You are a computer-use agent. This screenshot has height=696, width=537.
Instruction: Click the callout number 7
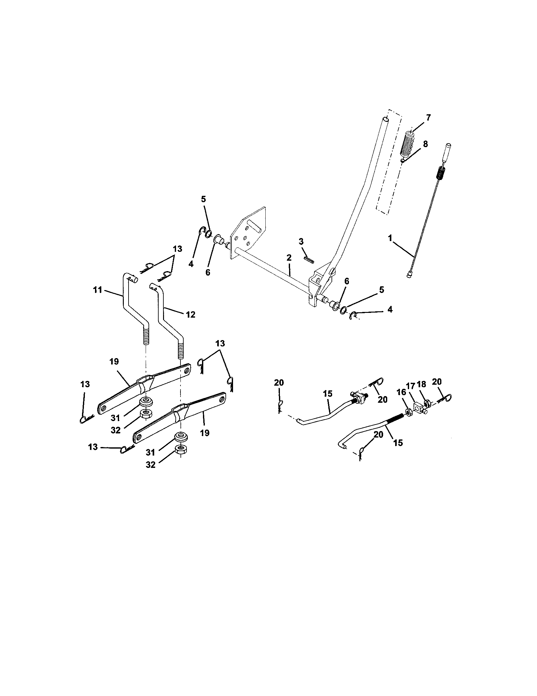[x=428, y=118]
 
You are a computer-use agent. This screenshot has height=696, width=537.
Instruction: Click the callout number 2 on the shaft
[x=288, y=258]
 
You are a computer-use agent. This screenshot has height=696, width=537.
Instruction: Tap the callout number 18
[x=421, y=384]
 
